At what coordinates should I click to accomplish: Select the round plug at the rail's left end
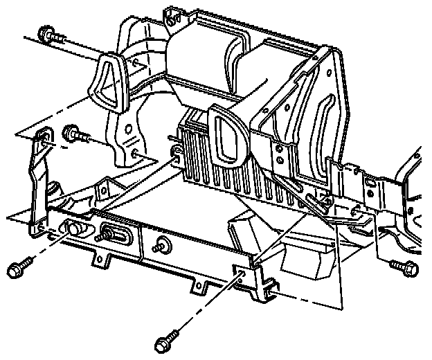pyautogui.click(x=72, y=228)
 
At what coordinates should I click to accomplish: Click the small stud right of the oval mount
pyautogui.click(x=164, y=244)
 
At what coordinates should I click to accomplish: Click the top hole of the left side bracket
pyautogui.click(x=43, y=141)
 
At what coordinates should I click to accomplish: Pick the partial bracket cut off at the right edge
pyautogui.click(x=408, y=201)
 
